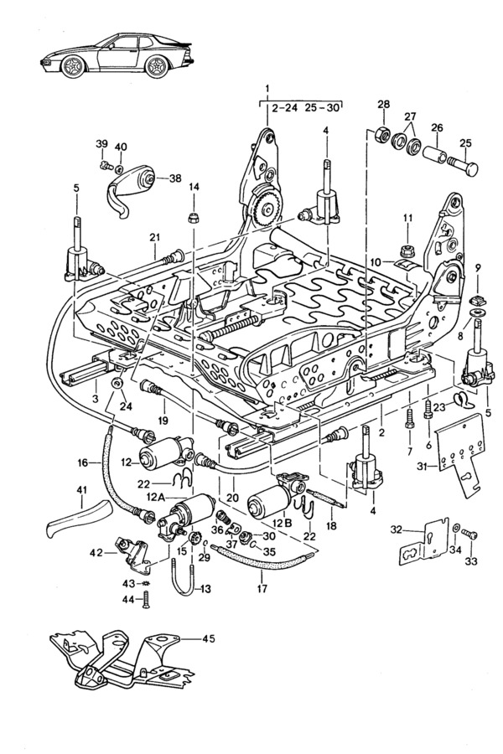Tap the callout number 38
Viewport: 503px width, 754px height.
click(x=174, y=178)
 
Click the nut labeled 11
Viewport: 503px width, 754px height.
click(x=407, y=249)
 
